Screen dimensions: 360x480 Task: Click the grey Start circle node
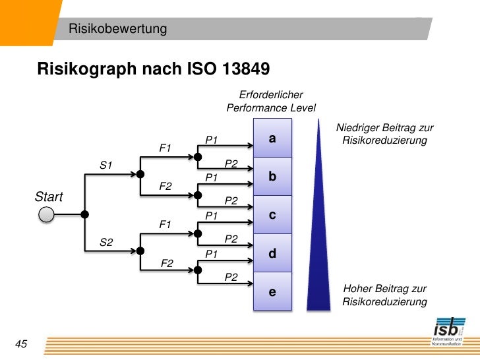pyautogui.click(x=46, y=214)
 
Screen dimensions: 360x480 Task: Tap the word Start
pyautogui.click(x=49, y=197)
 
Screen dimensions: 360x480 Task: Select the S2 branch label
pyautogui.click(x=106, y=243)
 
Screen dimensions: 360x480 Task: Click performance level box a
pyautogui.click(x=272, y=139)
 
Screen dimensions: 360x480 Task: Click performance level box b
pyautogui.click(x=272, y=177)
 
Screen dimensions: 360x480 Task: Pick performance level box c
pyautogui.click(x=272, y=216)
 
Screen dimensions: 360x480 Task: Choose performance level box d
pyautogui.click(x=272, y=254)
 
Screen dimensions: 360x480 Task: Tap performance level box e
pyautogui.click(x=272, y=291)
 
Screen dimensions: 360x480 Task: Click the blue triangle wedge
pyautogui.click(x=318, y=251)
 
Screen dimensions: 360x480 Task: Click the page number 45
pyautogui.click(x=20, y=344)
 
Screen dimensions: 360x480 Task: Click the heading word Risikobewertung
pyautogui.click(x=119, y=29)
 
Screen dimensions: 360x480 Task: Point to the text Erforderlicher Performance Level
pyautogui.click(x=271, y=102)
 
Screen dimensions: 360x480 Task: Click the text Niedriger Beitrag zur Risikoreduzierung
pyautogui.click(x=384, y=135)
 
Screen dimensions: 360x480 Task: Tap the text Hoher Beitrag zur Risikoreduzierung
pyautogui.click(x=384, y=295)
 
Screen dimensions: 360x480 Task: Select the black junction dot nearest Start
pyautogui.click(x=84, y=214)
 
